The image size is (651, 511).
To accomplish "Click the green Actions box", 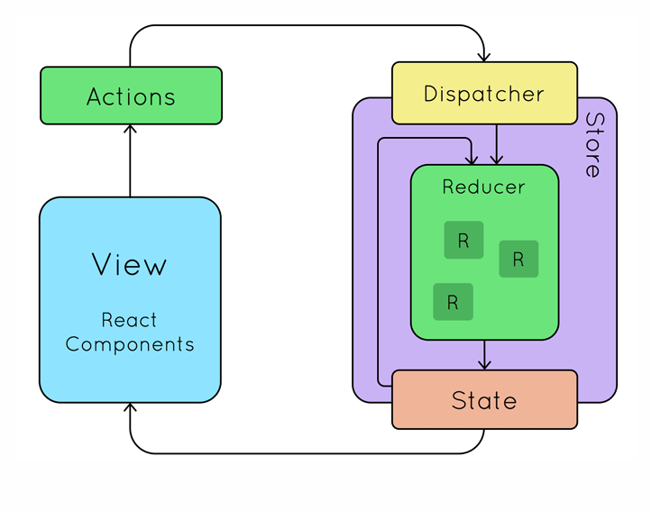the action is pos(132,96).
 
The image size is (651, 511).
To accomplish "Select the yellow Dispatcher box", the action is pos(484,93).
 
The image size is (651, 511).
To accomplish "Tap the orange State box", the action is pos(484,399).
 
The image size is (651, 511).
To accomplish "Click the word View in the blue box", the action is pos(129,264).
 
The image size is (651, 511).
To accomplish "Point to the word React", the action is pos(129,320).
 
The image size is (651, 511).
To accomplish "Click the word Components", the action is pos(130,344).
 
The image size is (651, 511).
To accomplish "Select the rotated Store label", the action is pos(594,145).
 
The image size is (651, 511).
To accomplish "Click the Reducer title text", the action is pos(483,187).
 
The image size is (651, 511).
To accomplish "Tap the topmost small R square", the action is pos(463,240).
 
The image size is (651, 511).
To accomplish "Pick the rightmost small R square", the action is pos(518,259).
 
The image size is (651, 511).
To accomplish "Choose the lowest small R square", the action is pos(453,302).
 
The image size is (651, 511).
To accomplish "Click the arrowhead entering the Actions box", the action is pos(130,129).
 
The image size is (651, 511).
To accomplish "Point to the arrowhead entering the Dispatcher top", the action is pos(484,58).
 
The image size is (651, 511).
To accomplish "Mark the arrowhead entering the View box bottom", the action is pos(130,407).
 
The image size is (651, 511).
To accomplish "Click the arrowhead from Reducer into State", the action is pos(484,365).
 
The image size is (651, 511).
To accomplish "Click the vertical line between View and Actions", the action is pos(130,160).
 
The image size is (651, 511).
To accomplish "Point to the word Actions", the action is pos(132,96).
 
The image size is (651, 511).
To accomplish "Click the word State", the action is pos(484,400).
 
